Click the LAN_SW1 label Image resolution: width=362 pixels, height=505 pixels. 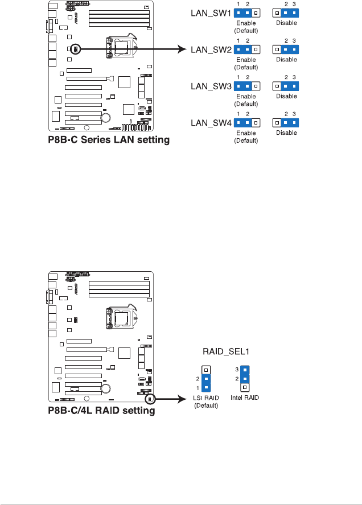point(211,13)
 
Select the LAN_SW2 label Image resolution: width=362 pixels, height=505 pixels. point(211,49)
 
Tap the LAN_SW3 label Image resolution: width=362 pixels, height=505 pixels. point(211,86)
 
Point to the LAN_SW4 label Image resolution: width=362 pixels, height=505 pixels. point(211,123)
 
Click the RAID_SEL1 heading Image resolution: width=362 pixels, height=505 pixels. point(226,351)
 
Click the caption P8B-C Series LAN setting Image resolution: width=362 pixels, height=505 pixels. point(109,140)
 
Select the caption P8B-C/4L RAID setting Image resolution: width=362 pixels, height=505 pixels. point(101,411)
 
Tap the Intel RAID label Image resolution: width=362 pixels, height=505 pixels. point(245,398)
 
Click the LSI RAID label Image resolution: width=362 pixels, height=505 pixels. point(206,398)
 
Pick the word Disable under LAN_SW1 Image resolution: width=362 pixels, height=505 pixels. point(286,23)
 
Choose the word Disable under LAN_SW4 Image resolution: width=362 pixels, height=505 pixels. point(286,133)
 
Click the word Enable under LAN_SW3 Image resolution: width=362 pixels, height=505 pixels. point(246,96)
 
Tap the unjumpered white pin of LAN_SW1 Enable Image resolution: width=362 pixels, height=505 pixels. point(256,13)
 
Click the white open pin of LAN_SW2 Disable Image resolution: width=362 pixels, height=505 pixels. point(277,49)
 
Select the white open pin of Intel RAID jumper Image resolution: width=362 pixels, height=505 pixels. point(245,387)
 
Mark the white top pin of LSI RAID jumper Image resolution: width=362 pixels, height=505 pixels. point(206,370)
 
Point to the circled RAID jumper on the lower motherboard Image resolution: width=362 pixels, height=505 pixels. point(150,400)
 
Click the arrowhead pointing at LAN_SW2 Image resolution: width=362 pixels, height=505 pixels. point(183,49)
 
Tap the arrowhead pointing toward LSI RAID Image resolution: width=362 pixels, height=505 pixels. point(183,400)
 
